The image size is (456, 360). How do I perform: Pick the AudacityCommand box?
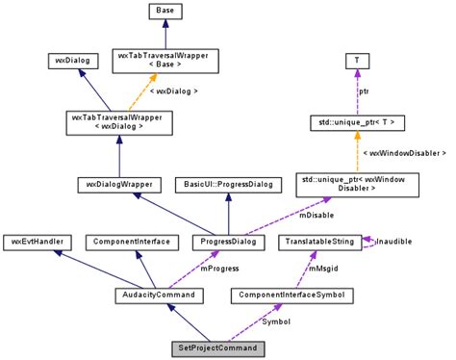(159, 294)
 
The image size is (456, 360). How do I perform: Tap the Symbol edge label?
(274, 321)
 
